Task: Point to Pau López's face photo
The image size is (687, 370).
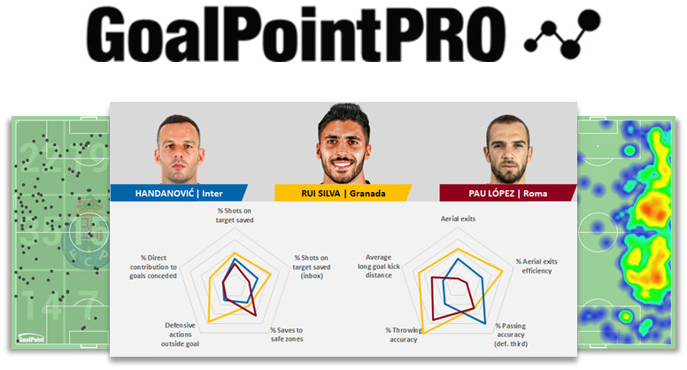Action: click(x=507, y=149)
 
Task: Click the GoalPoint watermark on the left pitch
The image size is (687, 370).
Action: click(x=32, y=337)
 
